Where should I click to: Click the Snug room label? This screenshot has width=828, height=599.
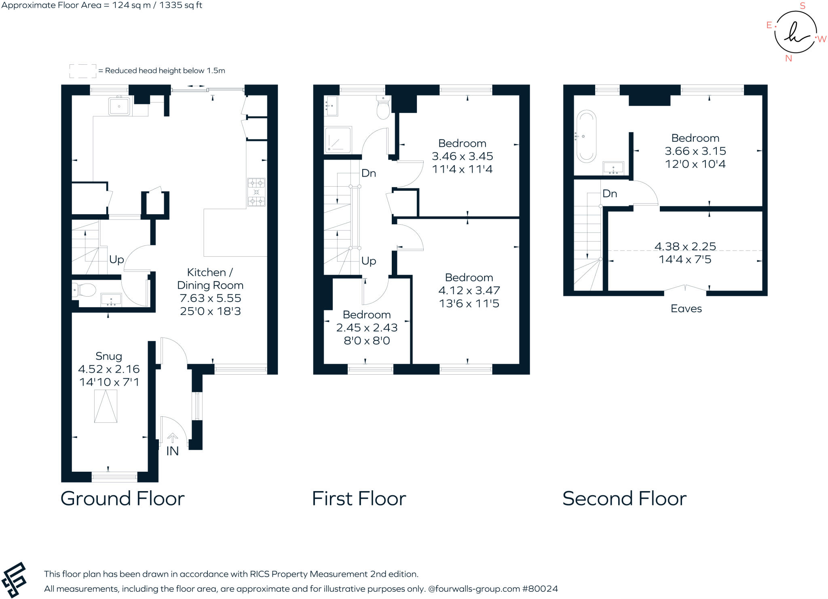pos(109,356)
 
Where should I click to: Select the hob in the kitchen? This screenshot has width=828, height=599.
pos(256,192)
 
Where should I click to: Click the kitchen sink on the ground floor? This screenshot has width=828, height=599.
pos(119,106)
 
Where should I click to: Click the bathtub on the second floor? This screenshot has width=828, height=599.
pos(586,137)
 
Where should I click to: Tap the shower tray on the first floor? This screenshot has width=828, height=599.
pos(338,140)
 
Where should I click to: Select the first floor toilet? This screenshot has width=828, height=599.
pos(383,108)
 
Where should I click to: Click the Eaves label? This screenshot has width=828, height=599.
pos(686,309)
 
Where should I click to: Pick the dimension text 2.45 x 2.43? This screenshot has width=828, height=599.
pos(367,327)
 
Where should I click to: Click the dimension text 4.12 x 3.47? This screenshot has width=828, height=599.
pos(469,290)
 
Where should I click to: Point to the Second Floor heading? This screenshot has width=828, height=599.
pos(624,498)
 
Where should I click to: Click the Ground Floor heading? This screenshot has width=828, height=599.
pos(123,498)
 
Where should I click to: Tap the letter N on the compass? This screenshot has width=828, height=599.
pos(788,59)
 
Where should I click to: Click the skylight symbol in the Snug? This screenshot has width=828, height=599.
pos(106,407)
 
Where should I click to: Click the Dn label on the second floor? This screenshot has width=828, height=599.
pos(610,194)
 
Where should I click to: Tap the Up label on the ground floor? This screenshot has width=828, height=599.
pos(116,259)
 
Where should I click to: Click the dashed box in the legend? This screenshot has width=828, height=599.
pos(83,71)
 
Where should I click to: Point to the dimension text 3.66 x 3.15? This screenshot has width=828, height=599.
pos(695,151)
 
